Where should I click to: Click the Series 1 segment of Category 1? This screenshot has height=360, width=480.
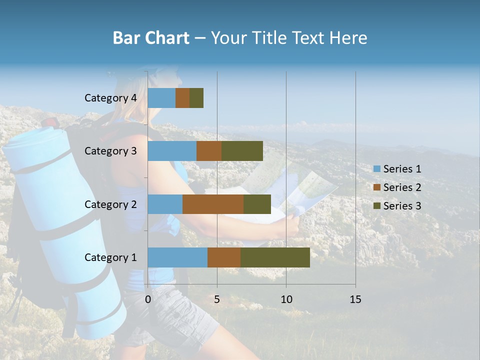tap(177, 257)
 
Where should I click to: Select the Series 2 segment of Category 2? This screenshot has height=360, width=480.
tap(213, 204)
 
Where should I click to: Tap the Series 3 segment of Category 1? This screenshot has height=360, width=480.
tap(275, 257)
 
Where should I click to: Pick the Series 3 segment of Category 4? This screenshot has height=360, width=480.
tap(196, 98)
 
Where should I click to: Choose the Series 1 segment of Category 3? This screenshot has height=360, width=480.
tap(172, 151)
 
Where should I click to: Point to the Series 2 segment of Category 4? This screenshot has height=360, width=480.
tap(182, 98)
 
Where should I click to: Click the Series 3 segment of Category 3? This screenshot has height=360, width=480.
tap(242, 151)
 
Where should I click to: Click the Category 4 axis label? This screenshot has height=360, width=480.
tap(110, 98)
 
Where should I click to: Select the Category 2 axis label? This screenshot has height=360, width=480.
tap(110, 204)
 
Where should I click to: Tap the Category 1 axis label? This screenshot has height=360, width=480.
tap(110, 257)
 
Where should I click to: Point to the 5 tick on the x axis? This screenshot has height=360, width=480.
tap(217, 299)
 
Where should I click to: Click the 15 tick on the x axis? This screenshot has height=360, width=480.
tap(355, 299)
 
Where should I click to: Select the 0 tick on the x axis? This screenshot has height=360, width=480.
tap(148, 299)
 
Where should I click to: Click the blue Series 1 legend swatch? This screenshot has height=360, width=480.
tap(376, 169)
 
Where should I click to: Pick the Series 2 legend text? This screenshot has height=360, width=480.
tap(402, 187)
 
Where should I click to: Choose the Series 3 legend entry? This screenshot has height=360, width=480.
tap(397, 206)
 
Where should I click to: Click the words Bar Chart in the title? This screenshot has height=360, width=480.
tap(151, 38)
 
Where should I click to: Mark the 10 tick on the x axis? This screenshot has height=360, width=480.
tap(286, 299)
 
